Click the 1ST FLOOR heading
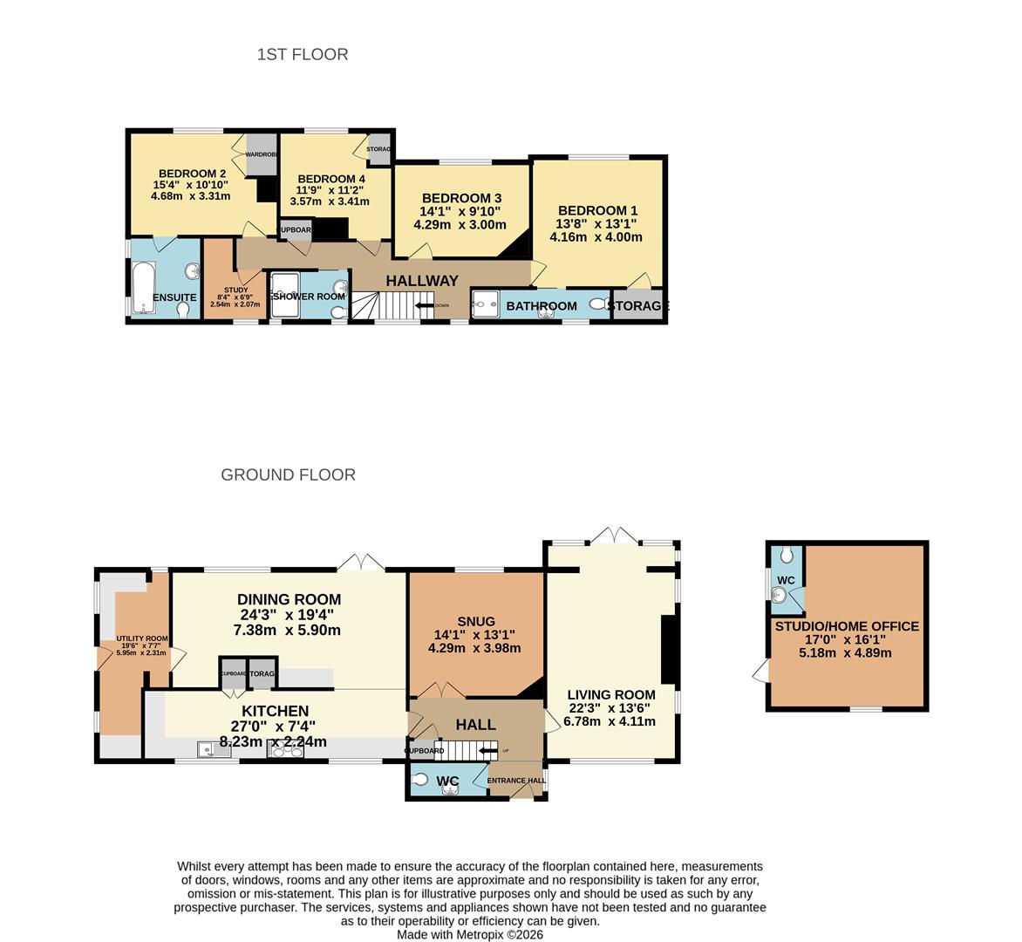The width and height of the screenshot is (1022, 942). coord(303,54)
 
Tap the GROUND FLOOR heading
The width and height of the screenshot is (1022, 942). coord(288,474)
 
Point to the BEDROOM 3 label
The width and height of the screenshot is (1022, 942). coord(461,198)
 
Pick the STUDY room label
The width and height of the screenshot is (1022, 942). coord(235,290)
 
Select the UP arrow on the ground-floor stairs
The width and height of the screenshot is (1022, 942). coord(487,750)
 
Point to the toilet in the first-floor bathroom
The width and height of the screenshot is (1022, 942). coord(598,304)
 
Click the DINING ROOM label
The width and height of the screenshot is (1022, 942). coord(289,599)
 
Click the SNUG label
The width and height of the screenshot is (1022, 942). coord(475,621)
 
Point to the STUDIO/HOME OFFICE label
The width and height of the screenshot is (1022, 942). coord(847,626)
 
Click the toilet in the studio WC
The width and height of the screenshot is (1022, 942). coord(787,554)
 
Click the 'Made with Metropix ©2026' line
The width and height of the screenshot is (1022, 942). coord(469,934)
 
